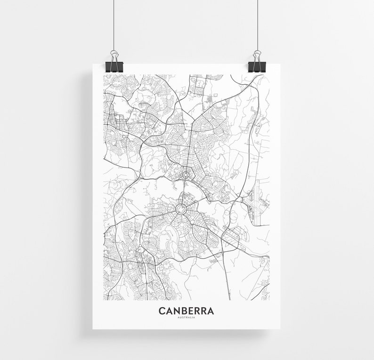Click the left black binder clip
pos(114,65)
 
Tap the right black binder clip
pos(257,65)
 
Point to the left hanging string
pos(114,24)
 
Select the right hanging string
pos(257,24)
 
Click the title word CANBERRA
pos(186,311)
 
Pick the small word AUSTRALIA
pos(186,317)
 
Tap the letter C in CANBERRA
pos(162,311)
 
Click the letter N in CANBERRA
pos(177,311)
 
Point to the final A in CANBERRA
pos(210,311)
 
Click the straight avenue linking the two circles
pos(184,191)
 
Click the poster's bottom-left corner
pos(93,328)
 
